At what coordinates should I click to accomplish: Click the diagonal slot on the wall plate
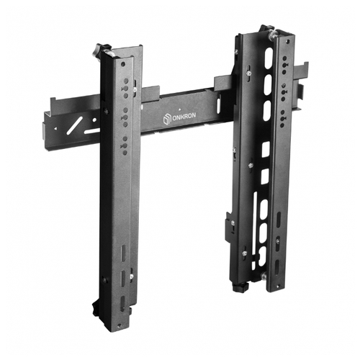click(x=75, y=125)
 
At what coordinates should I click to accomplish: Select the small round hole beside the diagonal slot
click(x=94, y=120)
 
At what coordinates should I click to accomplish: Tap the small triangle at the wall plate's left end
click(x=55, y=128)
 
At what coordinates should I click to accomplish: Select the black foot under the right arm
click(x=240, y=287)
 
